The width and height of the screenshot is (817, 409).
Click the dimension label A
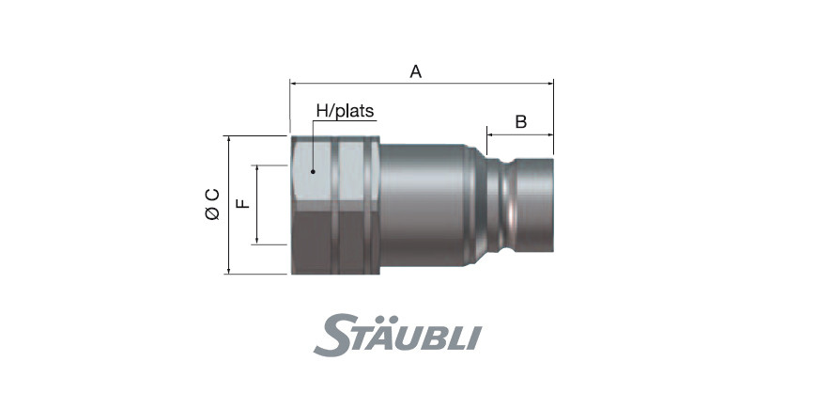415,71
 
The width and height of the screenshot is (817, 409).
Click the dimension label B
521,122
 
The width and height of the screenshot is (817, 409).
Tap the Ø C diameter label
212,204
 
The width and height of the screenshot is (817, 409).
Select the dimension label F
243,203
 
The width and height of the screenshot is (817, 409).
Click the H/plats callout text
346,111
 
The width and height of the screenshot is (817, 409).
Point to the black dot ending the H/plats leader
313,172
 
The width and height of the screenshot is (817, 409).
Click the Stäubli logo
397,335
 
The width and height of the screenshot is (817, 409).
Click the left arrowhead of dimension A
293,83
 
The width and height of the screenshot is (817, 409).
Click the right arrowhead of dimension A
550,83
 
